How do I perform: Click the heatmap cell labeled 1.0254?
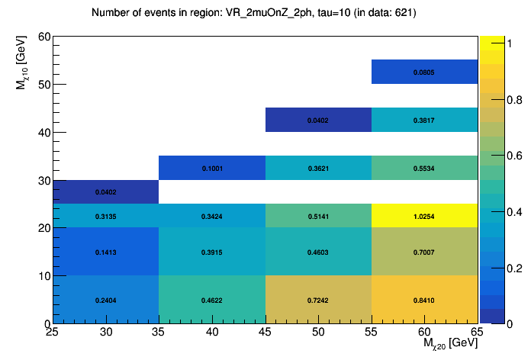[x=424, y=216]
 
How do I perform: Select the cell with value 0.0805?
[x=424, y=72]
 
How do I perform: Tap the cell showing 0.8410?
[x=424, y=301]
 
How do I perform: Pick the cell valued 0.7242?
[x=318, y=301]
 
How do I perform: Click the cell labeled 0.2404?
[x=106, y=301]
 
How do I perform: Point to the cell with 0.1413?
[x=106, y=252]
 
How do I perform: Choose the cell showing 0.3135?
[x=106, y=216]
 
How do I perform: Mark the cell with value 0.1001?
[x=212, y=168]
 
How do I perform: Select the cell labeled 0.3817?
[x=424, y=120]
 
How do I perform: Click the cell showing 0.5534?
[x=424, y=168]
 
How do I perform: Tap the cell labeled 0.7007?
[x=424, y=252]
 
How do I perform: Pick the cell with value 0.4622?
[x=212, y=301]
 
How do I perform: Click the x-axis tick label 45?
[x=265, y=333]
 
